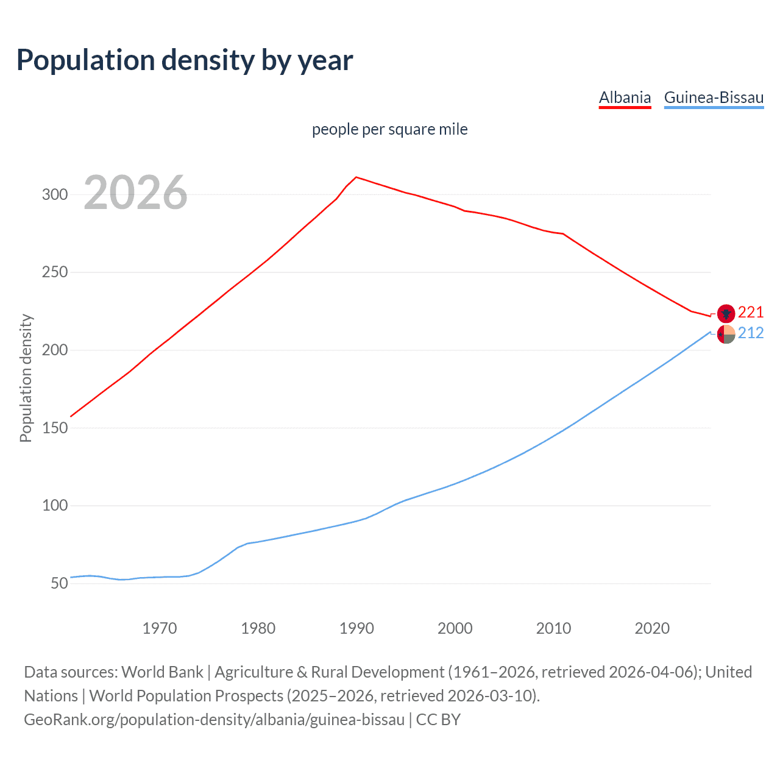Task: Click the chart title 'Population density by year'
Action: (x=185, y=60)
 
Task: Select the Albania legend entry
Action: (x=625, y=97)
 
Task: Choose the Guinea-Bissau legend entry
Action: (x=714, y=97)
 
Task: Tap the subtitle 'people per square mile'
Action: (x=389, y=129)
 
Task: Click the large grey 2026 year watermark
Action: (x=135, y=193)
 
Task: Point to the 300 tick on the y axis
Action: (x=54, y=195)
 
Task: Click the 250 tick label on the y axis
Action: (x=54, y=272)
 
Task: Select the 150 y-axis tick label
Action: (x=54, y=428)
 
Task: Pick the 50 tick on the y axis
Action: (x=59, y=583)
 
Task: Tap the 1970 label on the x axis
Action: (x=160, y=628)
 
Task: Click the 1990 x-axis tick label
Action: (x=356, y=628)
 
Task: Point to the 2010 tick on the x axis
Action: (x=553, y=628)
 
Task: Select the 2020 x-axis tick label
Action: (x=652, y=628)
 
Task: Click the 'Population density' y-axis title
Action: (x=26, y=378)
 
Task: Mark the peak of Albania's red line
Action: (x=356, y=177)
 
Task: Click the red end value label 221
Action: (x=751, y=313)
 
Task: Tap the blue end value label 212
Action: (x=751, y=333)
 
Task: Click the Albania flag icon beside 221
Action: (x=726, y=313)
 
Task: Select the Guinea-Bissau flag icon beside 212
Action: (x=726, y=334)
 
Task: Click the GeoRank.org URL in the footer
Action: (x=214, y=720)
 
